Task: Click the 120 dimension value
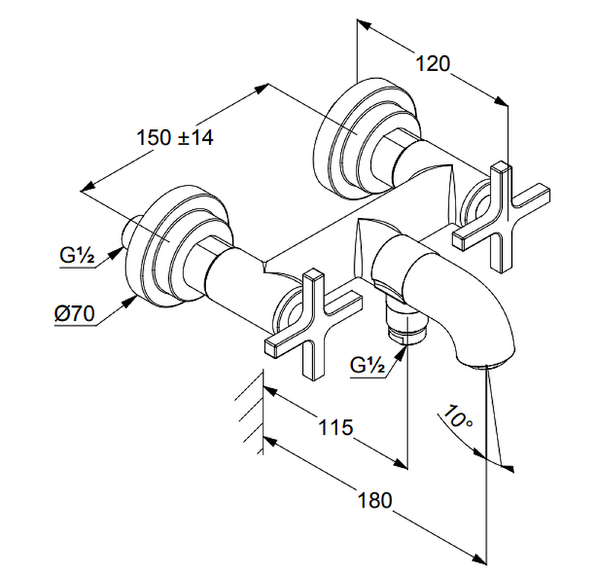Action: (433, 64)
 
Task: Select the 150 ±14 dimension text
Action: (175, 138)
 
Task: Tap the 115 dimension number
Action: (335, 428)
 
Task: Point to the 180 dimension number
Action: (375, 500)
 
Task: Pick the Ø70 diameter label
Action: (74, 314)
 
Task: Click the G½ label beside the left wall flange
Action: (76, 258)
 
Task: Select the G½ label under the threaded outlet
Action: (366, 366)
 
